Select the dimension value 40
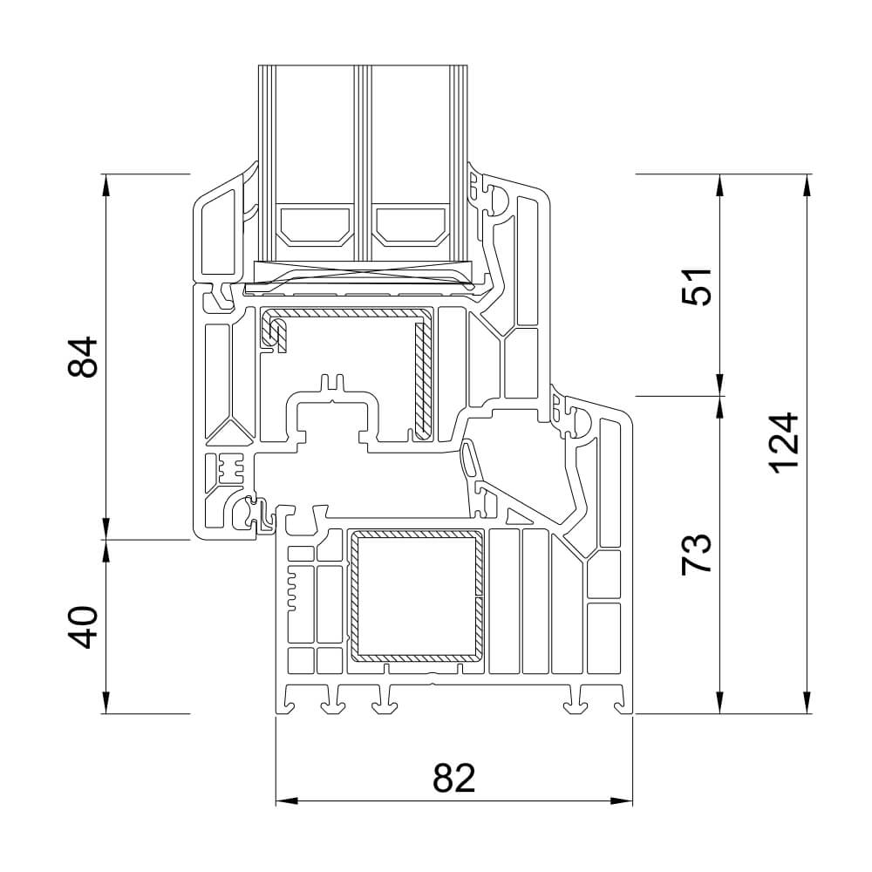click(84, 627)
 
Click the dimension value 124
click(785, 442)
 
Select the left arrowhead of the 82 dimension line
click(284, 800)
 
